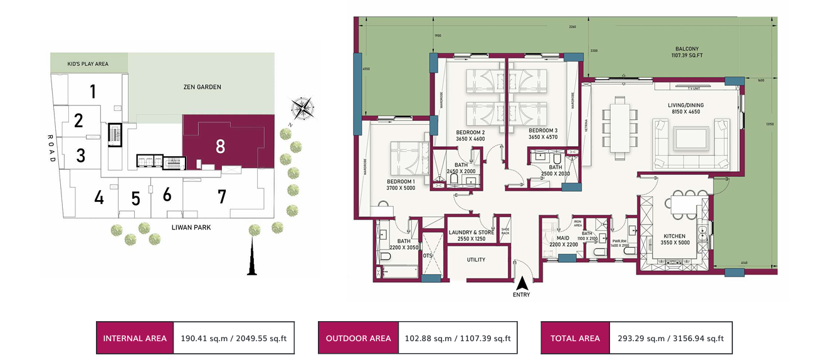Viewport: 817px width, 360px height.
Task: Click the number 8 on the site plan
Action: [220, 146]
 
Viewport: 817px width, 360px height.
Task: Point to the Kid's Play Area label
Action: [88, 64]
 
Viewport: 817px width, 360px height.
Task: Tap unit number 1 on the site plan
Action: [92, 93]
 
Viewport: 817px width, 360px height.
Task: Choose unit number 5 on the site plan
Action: [135, 199]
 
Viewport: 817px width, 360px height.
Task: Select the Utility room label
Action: [476, 260]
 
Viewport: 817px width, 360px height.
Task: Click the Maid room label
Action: [562, 238]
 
